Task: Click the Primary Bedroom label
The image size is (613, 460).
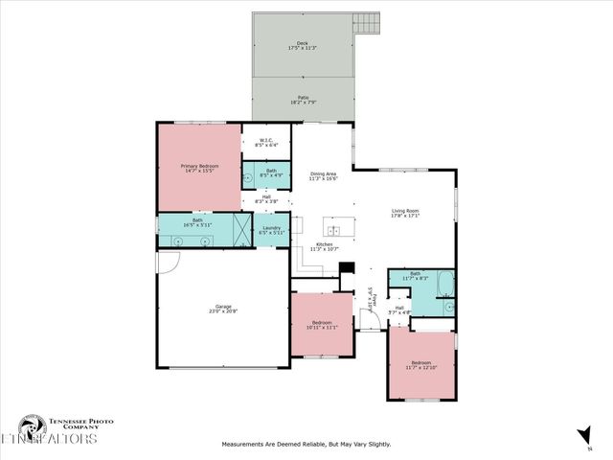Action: click(x=200, y=167)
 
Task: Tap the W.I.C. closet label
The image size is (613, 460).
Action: click(x=267, y=141)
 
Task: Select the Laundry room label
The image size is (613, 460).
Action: click(x=270, y=228)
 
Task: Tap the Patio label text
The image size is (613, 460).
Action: click(x=302, y=98)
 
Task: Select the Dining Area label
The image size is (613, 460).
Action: click(x=324, y=172)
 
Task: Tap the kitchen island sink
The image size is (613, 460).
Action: click(x=333, y=231)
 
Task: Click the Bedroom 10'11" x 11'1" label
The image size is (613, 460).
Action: click(x=321, y=325)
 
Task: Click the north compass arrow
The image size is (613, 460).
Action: click(x=583, y=433)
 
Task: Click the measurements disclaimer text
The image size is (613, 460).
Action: click(x=306, y=444)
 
